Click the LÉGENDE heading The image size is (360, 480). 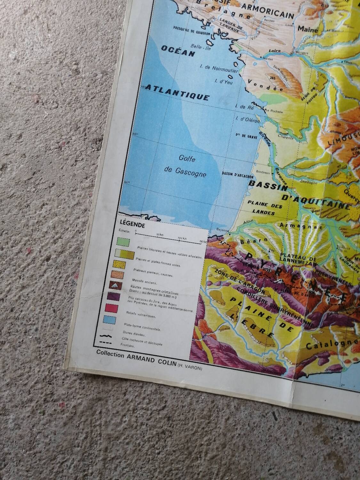point(132,225)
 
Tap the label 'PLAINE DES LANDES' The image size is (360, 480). point(264,209)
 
